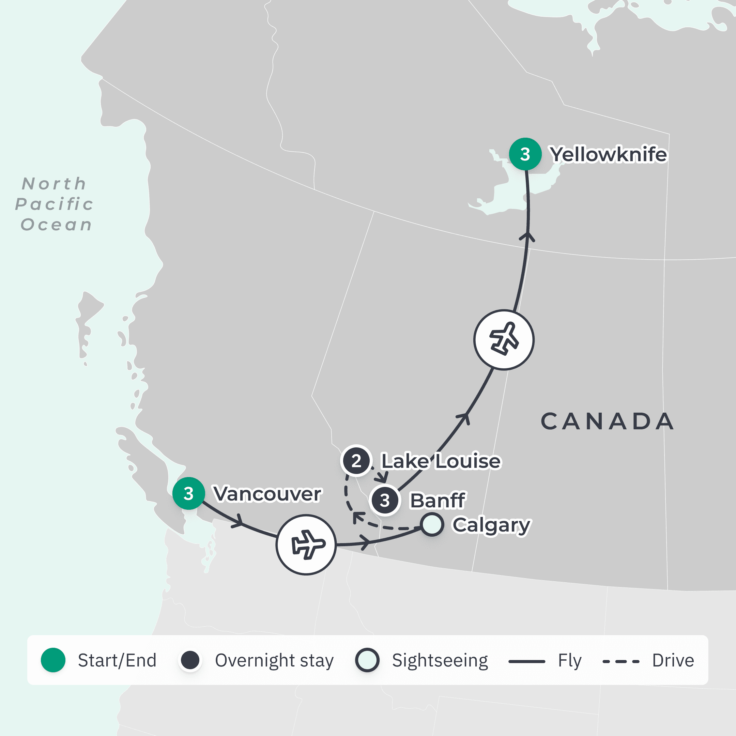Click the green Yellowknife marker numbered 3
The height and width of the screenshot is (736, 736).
pos(525,154)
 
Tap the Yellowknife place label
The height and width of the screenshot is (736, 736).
pos(608,154)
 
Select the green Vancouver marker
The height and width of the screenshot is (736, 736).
pos(188,493)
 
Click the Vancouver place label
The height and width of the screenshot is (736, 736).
pos(267,494)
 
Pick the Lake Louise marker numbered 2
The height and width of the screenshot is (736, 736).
pos(356,461)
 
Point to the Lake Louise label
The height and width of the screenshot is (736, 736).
pos(441,461)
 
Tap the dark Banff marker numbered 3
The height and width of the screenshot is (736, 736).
pos(385,500)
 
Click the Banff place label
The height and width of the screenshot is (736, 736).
pos(437,500)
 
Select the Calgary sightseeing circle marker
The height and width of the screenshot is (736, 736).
pos(432,525)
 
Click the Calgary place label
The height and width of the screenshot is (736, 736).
pos(491,525)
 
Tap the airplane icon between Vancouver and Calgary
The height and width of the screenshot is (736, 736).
pos(306,545)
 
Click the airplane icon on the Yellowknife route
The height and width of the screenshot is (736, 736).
pos(504,339)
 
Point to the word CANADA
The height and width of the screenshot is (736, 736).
pos(607,421)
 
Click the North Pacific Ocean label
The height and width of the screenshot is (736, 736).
pos(55,204)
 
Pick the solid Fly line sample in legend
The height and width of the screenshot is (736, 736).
pos(526,661)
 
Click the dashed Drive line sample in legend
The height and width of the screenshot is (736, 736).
pos(620,661)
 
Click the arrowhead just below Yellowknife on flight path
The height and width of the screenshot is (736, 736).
pos(527,236)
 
